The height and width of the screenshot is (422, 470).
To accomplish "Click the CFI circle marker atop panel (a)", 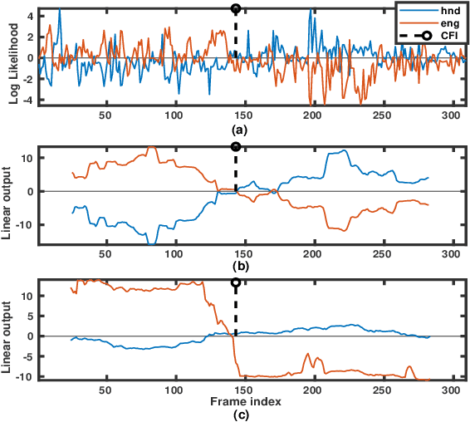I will [x=236, y=9].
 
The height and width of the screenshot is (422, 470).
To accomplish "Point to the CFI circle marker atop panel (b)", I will [x=236, y=147].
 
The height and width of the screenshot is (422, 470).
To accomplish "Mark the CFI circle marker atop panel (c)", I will [x=236, y=282].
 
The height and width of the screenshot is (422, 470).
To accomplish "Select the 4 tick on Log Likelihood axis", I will [x=29, y=16].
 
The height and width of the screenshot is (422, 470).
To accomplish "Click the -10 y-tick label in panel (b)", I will [x=24, y=225].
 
